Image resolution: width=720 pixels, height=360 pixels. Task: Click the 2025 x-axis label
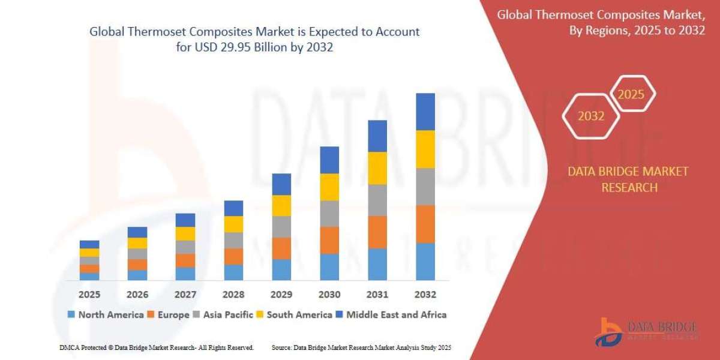point(89,295)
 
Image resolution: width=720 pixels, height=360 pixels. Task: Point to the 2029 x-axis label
point(281,295)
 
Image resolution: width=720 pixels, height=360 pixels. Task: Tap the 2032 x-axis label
point(425,295)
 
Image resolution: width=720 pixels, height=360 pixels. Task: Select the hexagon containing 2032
point(591,116)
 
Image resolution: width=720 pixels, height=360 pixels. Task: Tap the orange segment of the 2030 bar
point(329,240)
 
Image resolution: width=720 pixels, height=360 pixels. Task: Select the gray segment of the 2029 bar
point(281,227)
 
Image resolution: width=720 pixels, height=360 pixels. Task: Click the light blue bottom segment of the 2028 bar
point(233,272)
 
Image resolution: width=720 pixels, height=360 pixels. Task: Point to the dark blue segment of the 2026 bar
point(137,232)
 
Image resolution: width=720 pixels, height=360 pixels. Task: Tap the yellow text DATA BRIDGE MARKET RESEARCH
point(628,179)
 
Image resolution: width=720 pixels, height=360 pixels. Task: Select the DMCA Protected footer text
point(157,347)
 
